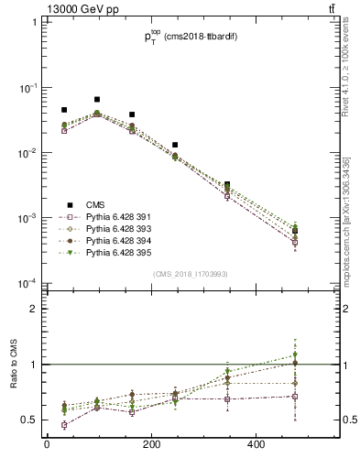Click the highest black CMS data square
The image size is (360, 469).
point(97,99)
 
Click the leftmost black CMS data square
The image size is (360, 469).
point(63,110)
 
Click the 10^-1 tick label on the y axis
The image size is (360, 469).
point(27,88)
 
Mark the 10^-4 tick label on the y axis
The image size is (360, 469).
point(27,284)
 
